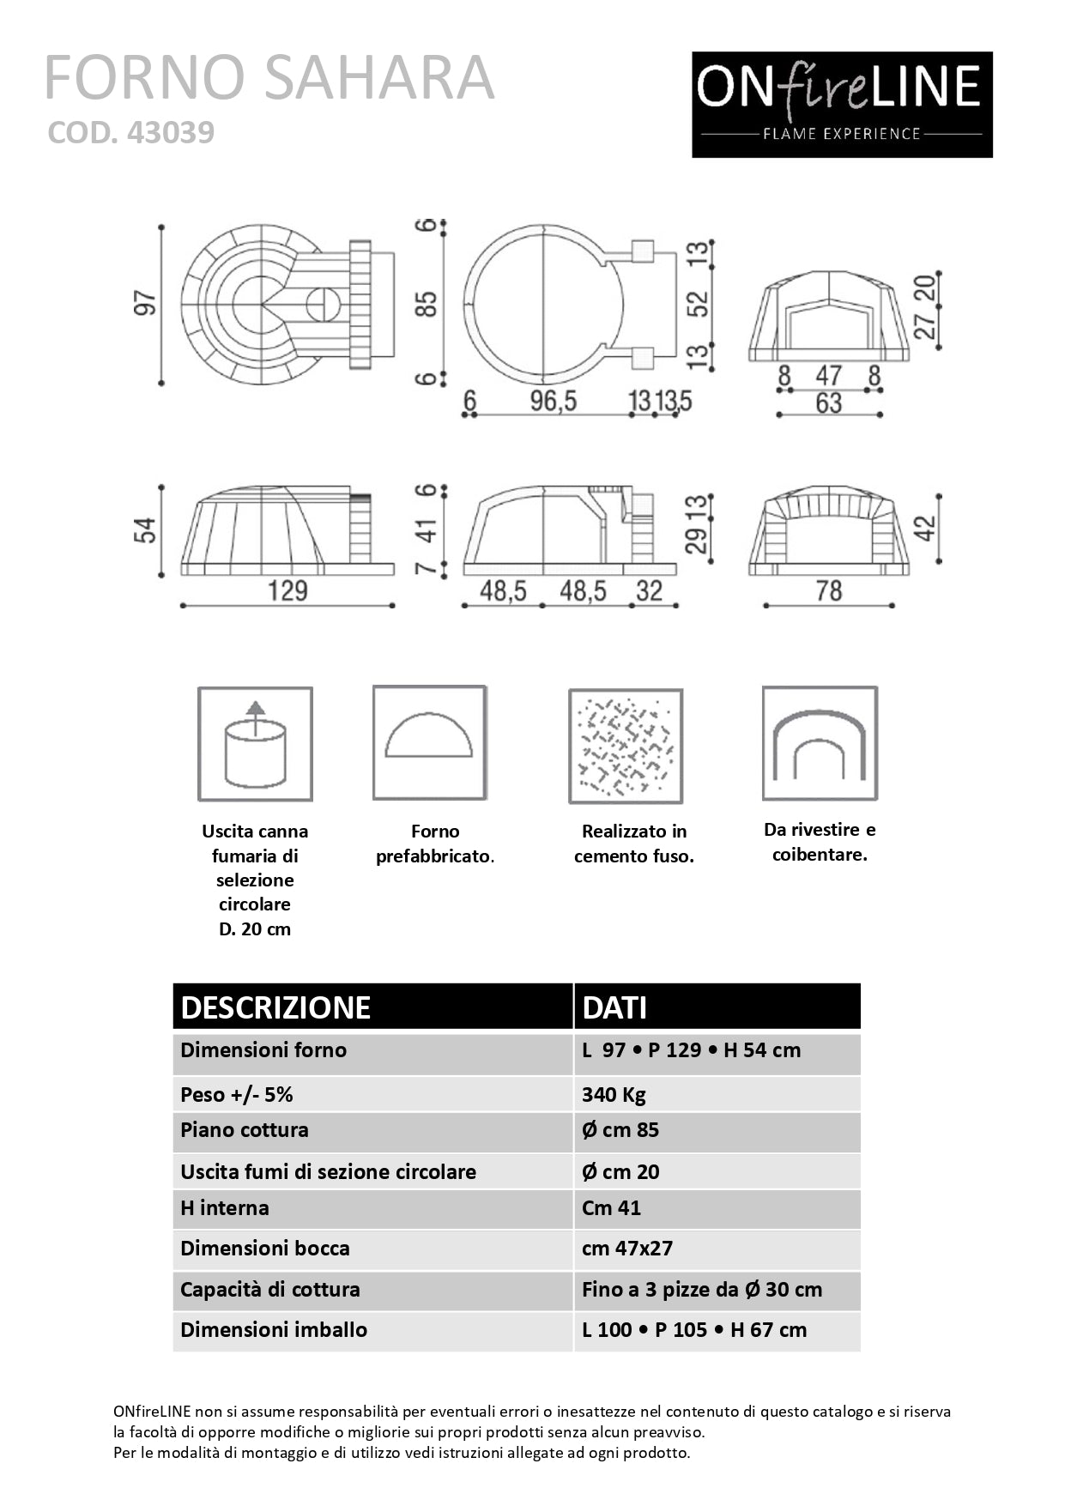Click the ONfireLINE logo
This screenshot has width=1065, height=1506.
click(842, 105)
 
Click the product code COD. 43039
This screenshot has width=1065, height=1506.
click(130, 132)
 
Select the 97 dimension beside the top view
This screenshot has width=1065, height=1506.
click(146, 304)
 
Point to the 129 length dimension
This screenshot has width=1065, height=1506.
click(287, 591)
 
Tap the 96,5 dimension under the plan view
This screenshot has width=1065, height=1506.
click(553, 401)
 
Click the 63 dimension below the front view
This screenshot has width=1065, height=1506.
click(828, 403)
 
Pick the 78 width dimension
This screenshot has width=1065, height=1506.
click(828, 591)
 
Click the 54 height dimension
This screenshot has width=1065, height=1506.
click(145, 530)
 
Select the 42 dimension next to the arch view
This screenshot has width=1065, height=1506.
click(924, 529)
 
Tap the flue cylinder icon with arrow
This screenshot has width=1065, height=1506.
click(255, 744)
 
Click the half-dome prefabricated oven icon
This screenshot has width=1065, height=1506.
click(429, 742)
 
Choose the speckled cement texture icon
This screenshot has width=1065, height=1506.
click(626, 746)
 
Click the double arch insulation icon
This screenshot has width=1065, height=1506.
click(820, 743)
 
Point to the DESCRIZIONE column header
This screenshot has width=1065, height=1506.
click(275, 1007)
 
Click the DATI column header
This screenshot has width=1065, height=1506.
click(614, 1007)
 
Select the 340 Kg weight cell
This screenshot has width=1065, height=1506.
click(614, 1094)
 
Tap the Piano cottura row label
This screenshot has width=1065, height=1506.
click(245, 1130)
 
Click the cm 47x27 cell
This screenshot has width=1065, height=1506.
click(627, 1249)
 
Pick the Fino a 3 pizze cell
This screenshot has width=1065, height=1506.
click(701, 1290)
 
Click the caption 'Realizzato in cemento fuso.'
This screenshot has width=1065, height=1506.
click(634, 844)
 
